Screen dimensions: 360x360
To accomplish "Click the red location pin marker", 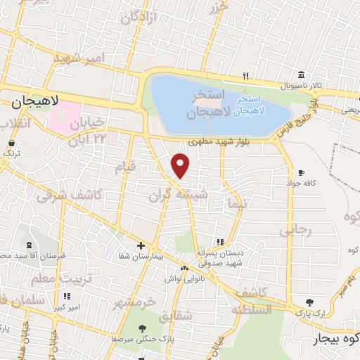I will point(181,165).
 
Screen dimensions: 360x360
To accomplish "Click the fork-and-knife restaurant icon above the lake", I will point(245,75).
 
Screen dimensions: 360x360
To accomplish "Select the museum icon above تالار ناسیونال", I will point(301,75).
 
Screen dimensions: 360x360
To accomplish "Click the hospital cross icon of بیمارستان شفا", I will point(141,245).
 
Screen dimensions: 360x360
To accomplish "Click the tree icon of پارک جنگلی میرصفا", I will point(143,328).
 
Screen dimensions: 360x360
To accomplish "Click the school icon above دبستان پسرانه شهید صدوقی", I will point(220,242).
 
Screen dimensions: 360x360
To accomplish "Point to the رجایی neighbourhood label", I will point(295,230).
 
